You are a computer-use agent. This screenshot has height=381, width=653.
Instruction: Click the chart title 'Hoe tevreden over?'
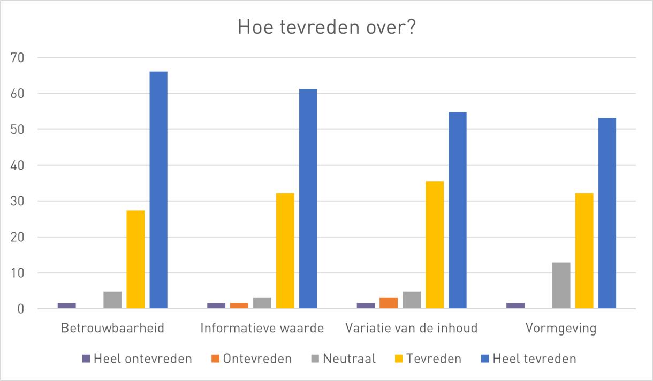click(x=326, y=27)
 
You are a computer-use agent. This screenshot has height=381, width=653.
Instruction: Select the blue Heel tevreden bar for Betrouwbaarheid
click(x=158, y=190)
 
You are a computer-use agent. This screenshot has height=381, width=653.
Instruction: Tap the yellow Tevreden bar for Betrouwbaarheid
click(x=135, y=259)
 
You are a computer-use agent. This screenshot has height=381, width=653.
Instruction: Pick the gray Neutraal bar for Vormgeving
click(x=561, y=285)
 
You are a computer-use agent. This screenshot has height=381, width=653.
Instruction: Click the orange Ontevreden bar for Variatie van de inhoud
click(x=389, y=303)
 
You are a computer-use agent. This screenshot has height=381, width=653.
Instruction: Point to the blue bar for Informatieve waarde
click(x=308, y=199)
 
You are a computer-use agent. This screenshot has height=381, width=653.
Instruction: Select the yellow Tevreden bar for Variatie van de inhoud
click(x=435, y=245)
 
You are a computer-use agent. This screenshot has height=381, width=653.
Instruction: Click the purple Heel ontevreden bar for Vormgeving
click(x=515, y=306)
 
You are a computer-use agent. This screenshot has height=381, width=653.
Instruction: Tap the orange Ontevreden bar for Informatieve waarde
click(x=239, y=306)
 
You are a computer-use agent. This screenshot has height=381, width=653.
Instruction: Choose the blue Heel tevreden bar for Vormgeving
click(x=607, y=213)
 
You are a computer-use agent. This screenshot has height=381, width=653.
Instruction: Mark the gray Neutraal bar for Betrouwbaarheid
click(x=112, y=300)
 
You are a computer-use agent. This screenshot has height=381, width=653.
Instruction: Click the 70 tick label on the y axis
click(x=17, y=58)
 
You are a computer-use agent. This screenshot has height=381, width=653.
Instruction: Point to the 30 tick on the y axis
click(x=17, y=201)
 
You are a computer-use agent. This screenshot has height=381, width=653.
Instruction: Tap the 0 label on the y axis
click(x=20, y=309)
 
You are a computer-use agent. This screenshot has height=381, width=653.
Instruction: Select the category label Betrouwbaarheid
click(x=112, y=328)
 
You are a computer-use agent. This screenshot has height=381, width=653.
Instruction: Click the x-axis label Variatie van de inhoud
click(x=411, y=328)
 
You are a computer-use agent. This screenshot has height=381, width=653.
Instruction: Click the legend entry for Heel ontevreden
click(x=137, y=359)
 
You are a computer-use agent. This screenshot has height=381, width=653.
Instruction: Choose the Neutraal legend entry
click(x=344, y=359)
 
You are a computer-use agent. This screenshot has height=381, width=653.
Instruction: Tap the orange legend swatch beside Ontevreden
click(x=215, y=359)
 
